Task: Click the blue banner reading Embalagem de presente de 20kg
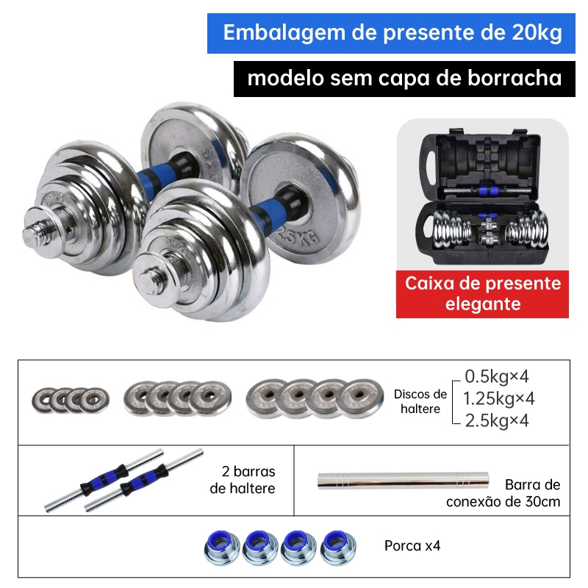391,33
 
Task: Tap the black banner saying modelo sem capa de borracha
404,79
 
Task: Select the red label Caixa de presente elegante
482,294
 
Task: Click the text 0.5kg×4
497,376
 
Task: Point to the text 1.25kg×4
498,398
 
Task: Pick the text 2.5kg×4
497,420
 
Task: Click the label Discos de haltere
420,401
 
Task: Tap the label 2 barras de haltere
243,480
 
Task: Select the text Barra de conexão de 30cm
503,492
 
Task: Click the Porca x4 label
412,545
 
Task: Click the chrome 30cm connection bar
403,481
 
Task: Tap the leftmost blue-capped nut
222,548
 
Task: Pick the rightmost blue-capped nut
338,548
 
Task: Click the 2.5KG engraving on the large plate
299,235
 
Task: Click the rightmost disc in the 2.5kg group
359,398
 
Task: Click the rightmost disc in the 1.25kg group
210,398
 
